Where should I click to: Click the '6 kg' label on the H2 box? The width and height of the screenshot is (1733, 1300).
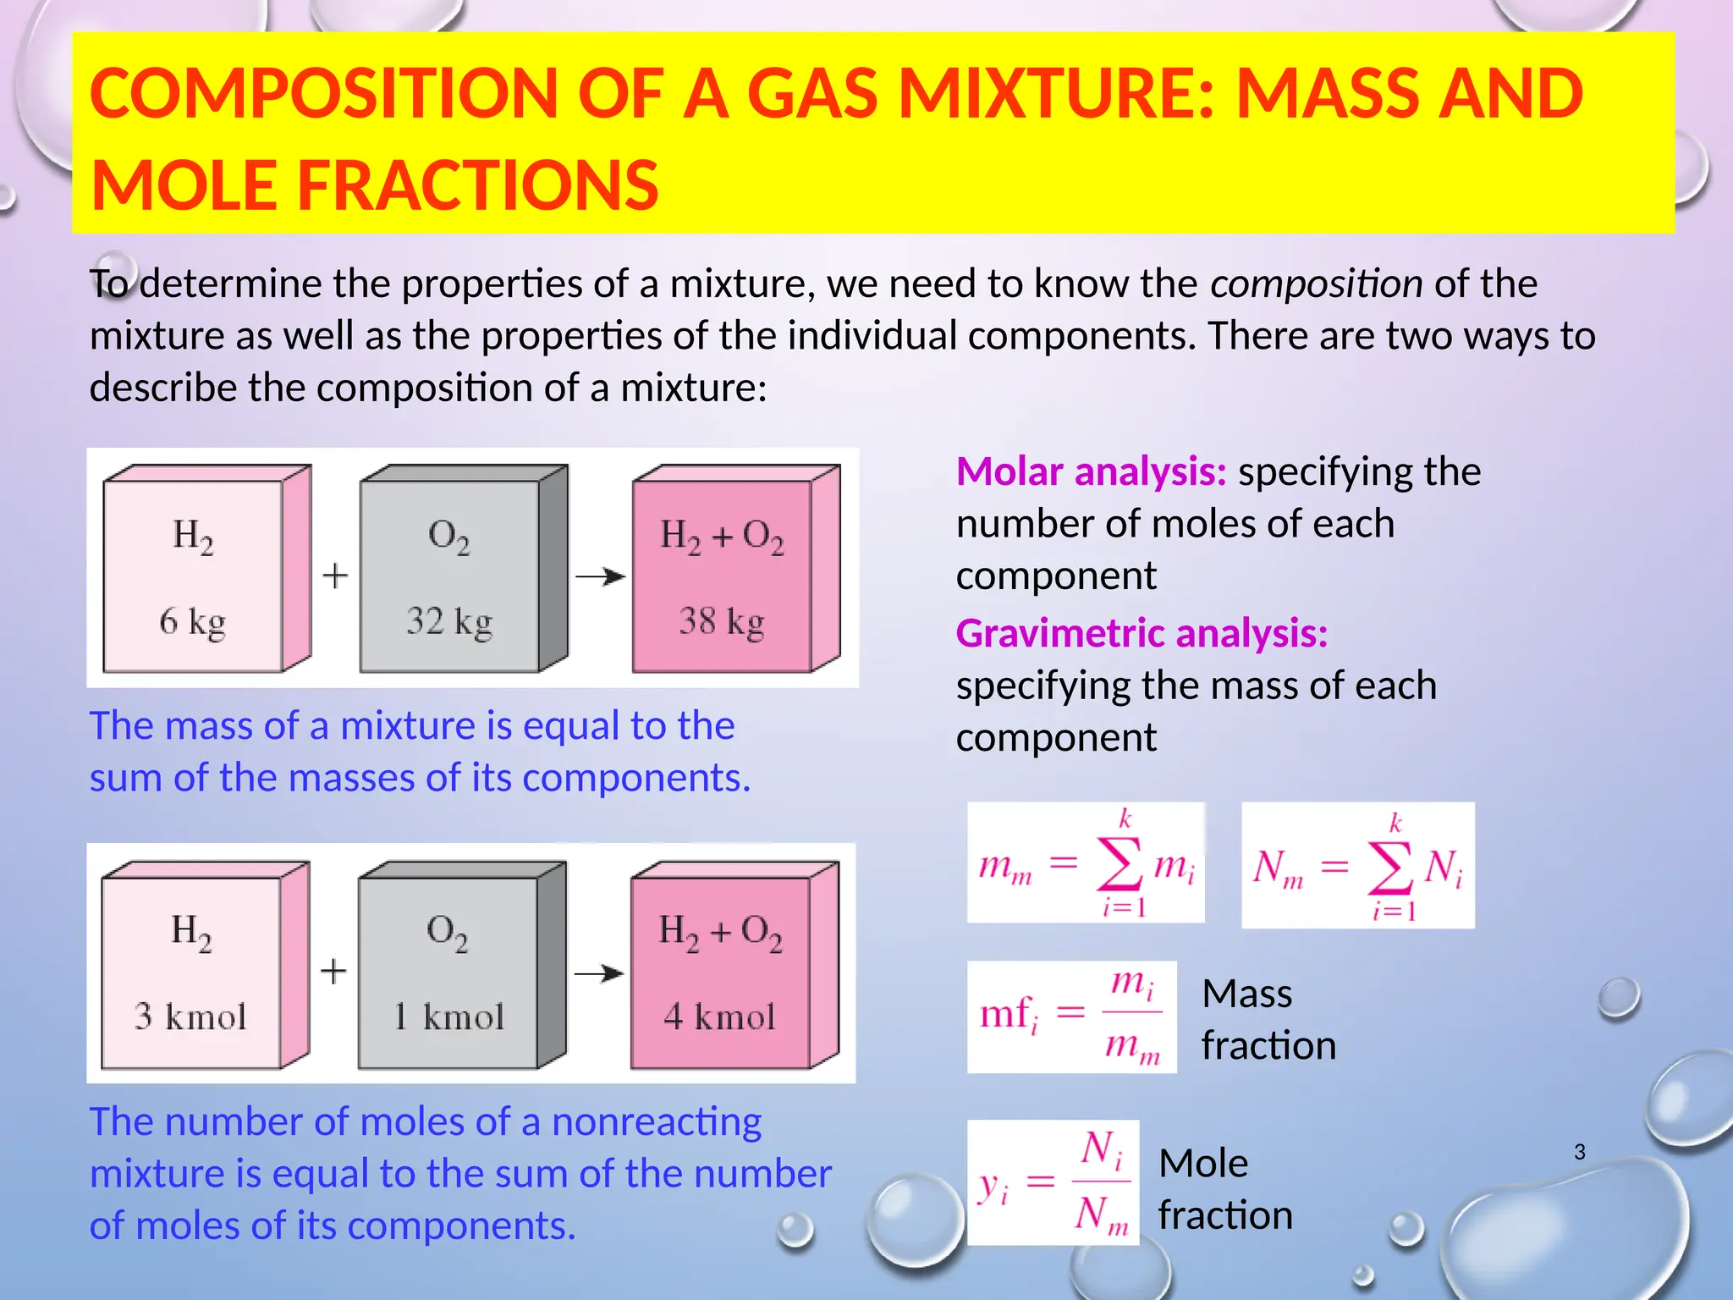(x=193, y=622)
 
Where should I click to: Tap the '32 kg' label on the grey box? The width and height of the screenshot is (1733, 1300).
(x=449, y=622)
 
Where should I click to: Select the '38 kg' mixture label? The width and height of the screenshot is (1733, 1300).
(x=722, y=622)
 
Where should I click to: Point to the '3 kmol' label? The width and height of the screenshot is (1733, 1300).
(x=190, y=1016)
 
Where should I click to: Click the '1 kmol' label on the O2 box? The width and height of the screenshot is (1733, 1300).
(x=448, y=1016)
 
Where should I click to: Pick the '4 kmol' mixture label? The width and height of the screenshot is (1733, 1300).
(x=719, y=1016)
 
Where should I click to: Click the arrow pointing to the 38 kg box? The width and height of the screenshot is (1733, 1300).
(x=600, y=577)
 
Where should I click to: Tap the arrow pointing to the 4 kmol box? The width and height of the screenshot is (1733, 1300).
(x=599, y=973)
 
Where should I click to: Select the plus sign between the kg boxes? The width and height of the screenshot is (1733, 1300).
(x=336, y=576)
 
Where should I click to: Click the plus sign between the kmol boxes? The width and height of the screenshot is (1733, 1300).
(x=334, y=972)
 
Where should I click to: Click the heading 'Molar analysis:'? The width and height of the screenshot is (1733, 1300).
(x=1091, y=472)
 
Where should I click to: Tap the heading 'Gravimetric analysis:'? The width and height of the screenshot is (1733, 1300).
(x=1142, y=634)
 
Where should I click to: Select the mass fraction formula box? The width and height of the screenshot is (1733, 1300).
(x=1071, y=1016)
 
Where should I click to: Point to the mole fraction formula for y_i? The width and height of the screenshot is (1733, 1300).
(x=1053, y=1182)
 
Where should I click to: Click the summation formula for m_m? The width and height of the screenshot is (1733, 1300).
(x=1086, y=863)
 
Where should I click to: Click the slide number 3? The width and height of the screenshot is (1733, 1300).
(x=1580, y=1152)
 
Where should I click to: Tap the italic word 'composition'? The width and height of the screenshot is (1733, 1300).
(x=1316, y=284)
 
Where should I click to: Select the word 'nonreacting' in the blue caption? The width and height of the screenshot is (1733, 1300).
(x=657, y=1122)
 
